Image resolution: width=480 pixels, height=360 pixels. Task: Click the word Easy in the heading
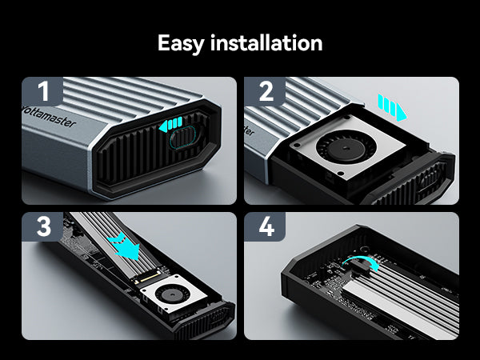pos(180,43)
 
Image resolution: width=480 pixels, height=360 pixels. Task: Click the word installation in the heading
pos(266,42)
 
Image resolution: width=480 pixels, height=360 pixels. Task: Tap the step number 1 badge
pos(42,91)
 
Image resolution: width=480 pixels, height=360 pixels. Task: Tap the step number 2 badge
pos(265,91)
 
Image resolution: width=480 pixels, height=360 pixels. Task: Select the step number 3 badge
pos(42,226)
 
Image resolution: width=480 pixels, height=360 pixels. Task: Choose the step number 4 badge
pos(265,226)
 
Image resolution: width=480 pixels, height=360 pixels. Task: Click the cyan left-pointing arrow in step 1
pos(170,124)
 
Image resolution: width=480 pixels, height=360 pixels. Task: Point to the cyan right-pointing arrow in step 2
pos(393,107)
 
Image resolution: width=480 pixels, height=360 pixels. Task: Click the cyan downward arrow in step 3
pos(125,245)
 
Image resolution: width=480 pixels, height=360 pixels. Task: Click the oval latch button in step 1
pos(183,138)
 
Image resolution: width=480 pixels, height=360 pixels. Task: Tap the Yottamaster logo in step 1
pos(49,117)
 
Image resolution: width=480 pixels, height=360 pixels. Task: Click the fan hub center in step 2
pos(346,148)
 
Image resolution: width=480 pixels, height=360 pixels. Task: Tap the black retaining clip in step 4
pos(360,265)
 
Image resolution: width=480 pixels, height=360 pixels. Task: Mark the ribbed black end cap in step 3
pos(203,322)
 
